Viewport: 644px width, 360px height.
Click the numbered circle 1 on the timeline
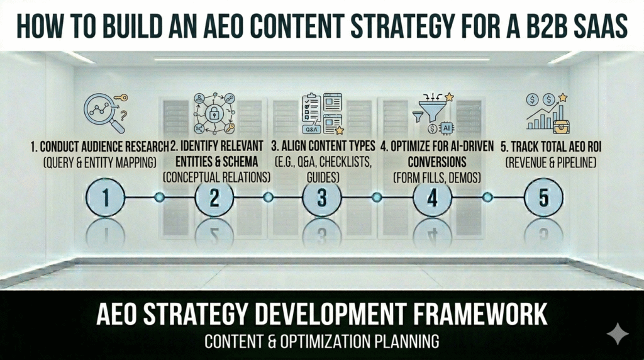pos(106,198)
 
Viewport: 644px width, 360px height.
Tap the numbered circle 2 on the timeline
pos(214,198)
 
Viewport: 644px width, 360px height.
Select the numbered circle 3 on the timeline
pos(322,198)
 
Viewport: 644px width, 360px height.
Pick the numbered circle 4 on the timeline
pos(432,198)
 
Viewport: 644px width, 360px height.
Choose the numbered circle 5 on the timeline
pos(543,198)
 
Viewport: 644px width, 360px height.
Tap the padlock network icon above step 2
pos(214,113)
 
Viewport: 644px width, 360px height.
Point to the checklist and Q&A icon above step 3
pos(322,113)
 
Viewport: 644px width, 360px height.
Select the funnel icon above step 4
pos(432,113)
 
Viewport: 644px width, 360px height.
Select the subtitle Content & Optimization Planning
pos(321,342)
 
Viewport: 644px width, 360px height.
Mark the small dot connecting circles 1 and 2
pos(160,198)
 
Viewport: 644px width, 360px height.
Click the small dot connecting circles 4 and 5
pos(487,198)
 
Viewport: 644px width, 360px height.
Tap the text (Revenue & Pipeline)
pos(552,162)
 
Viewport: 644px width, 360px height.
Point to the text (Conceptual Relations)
pos(217,177)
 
